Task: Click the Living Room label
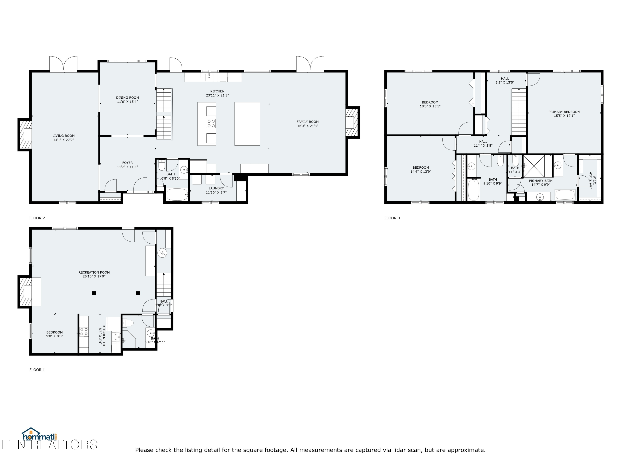[64, 136]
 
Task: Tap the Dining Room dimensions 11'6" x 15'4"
[128, 102]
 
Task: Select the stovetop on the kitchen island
[211, 124]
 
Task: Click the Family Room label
[307, 122]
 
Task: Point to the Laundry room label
[216, 188]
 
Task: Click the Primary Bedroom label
[564, 112]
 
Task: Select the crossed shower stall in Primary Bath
[534, 166]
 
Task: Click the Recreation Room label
[94, 273]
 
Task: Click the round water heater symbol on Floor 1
[162, 253]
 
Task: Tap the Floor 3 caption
[392, 218]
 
